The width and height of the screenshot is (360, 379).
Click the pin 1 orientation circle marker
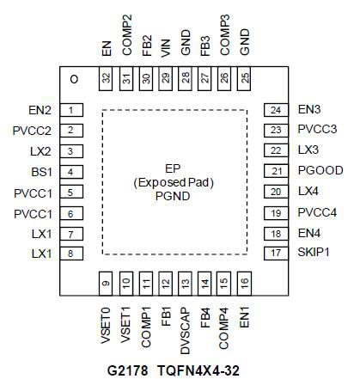(74, 79)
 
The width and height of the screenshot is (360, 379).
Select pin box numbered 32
(106, 79)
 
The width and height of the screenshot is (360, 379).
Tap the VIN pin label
(166, 48)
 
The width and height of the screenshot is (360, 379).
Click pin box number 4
(71, 172)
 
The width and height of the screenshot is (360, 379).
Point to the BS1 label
(42, 172)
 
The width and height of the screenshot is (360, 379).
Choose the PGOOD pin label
(320, 170)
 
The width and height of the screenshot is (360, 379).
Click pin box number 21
(276, 171)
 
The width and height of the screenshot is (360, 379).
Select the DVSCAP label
(186, 331)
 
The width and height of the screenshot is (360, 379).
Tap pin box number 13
(185, 284)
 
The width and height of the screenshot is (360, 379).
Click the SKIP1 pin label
(314, 252)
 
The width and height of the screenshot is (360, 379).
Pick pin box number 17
(276, 254)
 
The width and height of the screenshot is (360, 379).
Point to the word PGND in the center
(173, 196)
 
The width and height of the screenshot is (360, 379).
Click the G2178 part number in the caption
(128, 370)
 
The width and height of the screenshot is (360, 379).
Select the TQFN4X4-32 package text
(198, 370)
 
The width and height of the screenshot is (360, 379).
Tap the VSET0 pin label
(106, 326)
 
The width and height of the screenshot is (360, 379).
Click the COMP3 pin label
(225, 35)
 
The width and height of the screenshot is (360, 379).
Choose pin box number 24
(276, 110)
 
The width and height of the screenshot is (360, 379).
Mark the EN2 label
(40, 110)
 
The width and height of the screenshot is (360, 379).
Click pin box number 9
(106, 284)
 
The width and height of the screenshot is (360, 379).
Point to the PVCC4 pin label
(317, 212)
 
